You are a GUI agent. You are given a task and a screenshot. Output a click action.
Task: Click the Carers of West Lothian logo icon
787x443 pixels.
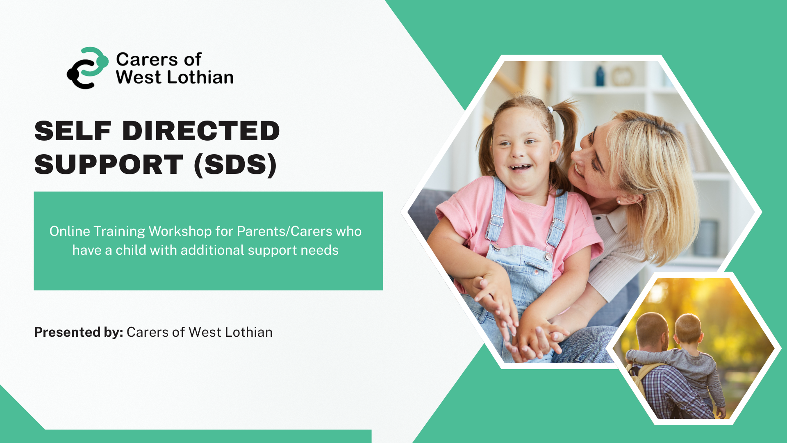click(x=87, y=68)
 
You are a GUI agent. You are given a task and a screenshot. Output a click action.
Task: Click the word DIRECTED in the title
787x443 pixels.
click(x=201, y=131)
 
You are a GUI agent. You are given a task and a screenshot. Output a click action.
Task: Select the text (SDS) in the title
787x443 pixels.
click(x=235, y=165)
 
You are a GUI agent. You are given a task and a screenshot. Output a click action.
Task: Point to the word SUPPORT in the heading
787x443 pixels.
click(x=109, y=165)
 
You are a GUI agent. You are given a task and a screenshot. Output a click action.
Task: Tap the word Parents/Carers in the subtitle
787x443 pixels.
click(x=284, y=231)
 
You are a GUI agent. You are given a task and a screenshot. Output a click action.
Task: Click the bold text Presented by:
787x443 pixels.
click(x=78, y=332)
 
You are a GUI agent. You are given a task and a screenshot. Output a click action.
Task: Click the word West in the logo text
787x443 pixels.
click(x=138, y=78)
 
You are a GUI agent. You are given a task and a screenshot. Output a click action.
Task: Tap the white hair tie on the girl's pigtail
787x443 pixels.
click(x=550, y=110)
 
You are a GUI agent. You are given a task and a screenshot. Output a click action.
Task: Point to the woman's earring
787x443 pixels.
click(x=619, y=201)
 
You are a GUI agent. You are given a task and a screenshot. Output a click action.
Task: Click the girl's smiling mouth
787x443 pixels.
click(x=519, y=167)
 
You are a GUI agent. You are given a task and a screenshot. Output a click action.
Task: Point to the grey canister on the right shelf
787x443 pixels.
click(x=708, y=238)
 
